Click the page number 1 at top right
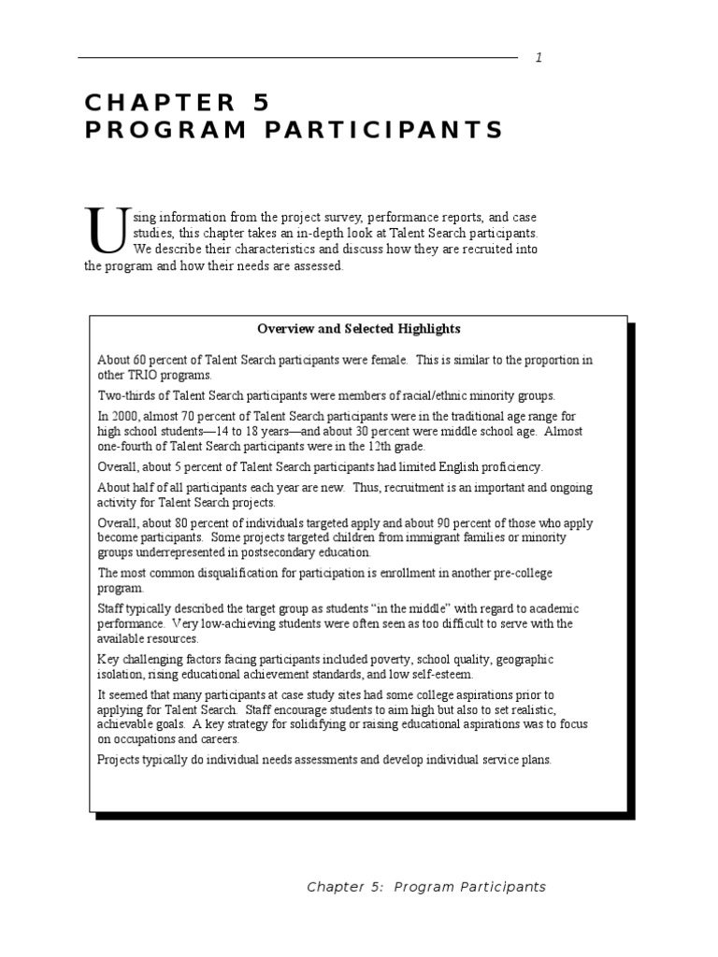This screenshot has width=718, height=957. (538, 58)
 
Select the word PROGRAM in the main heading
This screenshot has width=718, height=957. (151, 130)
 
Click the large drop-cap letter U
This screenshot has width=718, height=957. (104, 231)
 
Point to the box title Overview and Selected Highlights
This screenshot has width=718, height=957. (359, 329)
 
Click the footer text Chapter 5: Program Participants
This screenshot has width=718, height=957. (426, 887)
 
